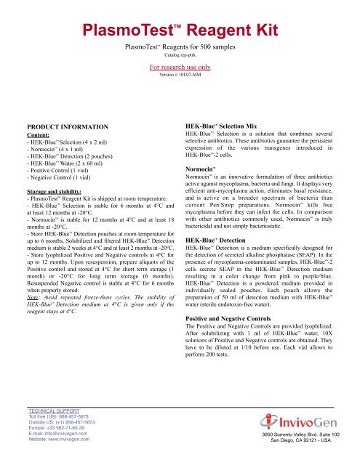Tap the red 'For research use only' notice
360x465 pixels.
point(180,65)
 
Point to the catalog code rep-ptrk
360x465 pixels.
point(180,54)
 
